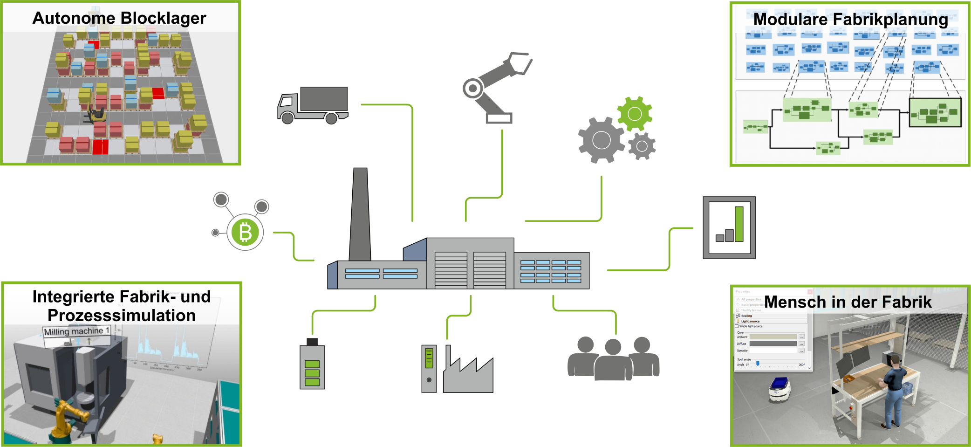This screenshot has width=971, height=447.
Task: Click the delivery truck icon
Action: [x=313, y=105]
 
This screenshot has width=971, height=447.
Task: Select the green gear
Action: [x=635, y=113]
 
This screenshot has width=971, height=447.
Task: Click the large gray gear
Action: [x=601, y=140]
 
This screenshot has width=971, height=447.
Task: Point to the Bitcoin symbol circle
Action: [x=245, y=232]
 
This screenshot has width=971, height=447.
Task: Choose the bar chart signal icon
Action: [x=729, y=227]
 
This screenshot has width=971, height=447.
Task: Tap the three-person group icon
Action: [x=613, y=359]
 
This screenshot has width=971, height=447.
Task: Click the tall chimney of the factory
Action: [x=360, y=214]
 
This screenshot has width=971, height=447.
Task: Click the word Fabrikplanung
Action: [x=890, y=20]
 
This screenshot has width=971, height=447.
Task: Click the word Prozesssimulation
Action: [x=122, y=316]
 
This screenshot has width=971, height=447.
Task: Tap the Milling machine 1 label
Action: [x=77, y=331]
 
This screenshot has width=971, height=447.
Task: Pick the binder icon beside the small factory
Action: [x=429, y=368]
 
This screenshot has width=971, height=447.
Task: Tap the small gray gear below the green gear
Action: [x=642, y=146]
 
